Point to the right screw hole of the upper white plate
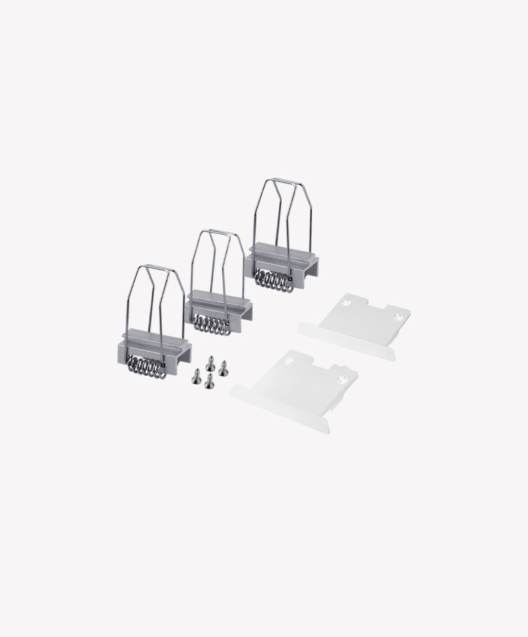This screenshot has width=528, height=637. point(399,317)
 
